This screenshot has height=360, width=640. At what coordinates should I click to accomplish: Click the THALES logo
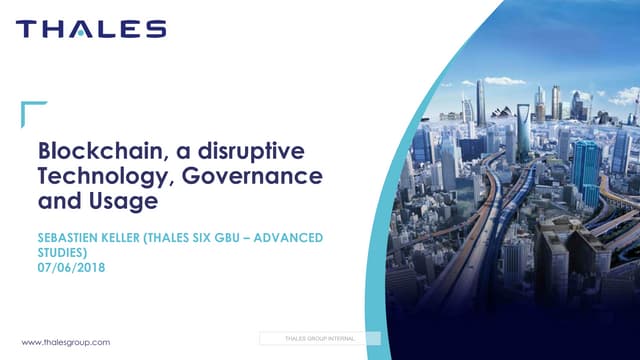pos(91,29)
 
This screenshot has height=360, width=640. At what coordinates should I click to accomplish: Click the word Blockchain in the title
pos(100,151)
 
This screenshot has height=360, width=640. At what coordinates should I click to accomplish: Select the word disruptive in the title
pos(251,151)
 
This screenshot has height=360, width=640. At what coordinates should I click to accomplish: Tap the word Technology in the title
pos(104,176)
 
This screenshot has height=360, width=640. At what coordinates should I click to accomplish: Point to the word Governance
pos(252,176)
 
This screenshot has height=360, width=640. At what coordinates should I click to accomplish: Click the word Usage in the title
pos(123,201)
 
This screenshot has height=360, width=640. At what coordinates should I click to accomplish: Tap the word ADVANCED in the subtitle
pos(288,238)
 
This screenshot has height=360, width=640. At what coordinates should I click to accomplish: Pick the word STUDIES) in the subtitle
pos(62,253)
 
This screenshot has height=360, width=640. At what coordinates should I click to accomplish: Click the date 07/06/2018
pos(71,268)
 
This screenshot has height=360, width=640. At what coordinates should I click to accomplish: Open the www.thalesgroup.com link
pos(66,342)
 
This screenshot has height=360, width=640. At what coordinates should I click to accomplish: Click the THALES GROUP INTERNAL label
pos(320,338)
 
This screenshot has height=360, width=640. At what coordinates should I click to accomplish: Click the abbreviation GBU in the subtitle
pos(227,238)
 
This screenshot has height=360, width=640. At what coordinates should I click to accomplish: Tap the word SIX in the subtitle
pos(201,238)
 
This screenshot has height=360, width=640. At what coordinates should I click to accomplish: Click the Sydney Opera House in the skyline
pos(501,112)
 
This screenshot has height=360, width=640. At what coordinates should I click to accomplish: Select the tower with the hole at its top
pos(523,131)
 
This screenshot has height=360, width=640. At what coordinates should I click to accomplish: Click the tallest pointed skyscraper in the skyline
pos(481,103)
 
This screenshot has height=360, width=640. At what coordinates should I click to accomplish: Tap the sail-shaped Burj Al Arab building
pos(467,110)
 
